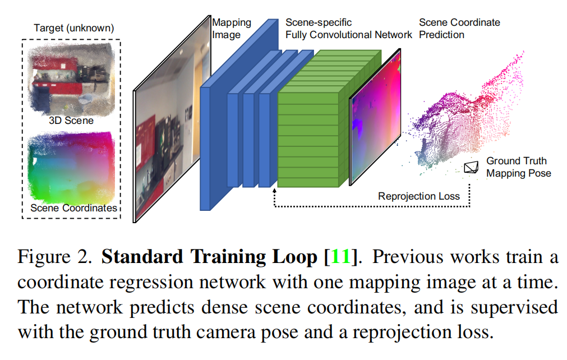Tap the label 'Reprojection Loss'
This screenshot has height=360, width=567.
[x=418, y=196]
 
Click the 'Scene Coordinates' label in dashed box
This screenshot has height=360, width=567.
[x=73, y=207]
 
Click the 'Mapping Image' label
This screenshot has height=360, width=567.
[x=231, y=29]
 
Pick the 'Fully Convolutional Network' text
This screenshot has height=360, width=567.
[x=348, y=35]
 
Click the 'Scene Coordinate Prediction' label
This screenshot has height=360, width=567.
[x=459, y=29]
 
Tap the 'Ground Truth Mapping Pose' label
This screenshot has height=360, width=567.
[x=518, y=167]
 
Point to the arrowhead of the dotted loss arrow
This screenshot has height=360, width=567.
[x=274, y=192]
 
